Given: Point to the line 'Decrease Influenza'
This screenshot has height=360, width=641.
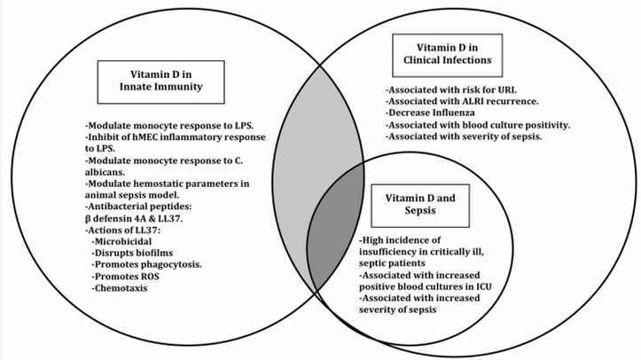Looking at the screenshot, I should click(432, 114).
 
